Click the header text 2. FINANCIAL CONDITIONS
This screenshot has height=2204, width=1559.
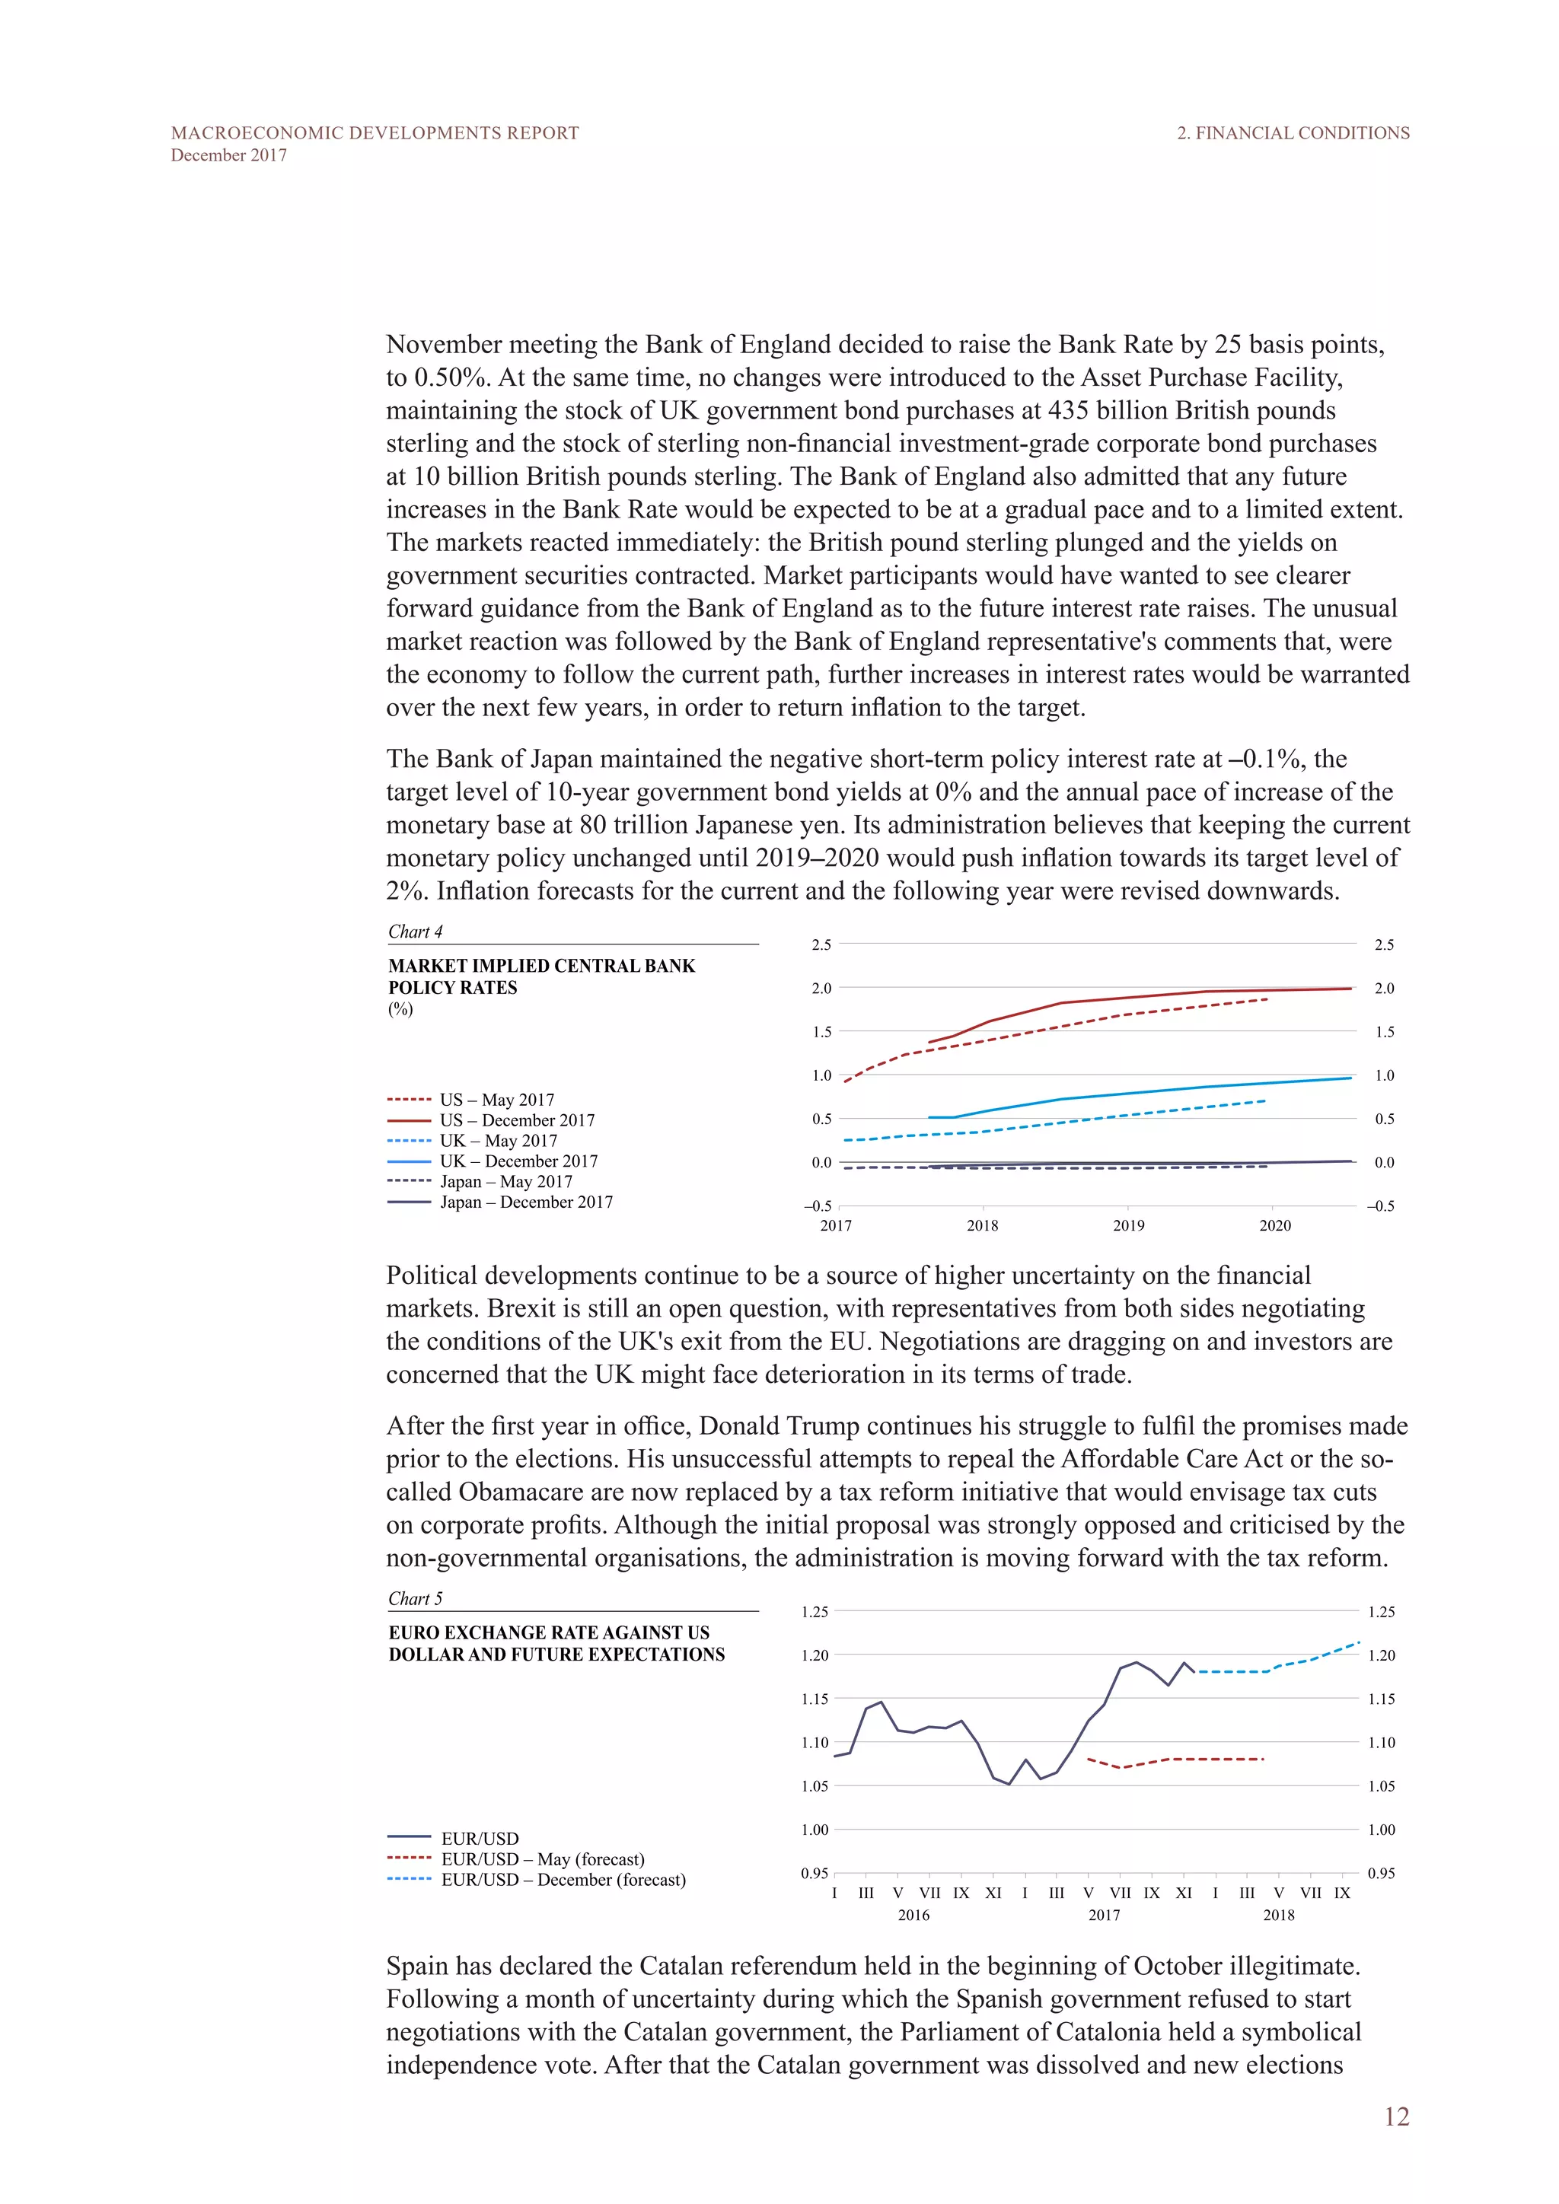click(1293, 132)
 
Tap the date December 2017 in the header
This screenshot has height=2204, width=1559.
click(228, 155)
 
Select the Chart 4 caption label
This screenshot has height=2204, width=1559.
click(415, 931)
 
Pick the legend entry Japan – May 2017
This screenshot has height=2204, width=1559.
click(506, 1182)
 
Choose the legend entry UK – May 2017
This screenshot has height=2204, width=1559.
click(499, 1140)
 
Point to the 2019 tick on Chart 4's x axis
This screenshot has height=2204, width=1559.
click(1128, 1226)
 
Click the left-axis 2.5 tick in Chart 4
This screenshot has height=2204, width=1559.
click(821, 944)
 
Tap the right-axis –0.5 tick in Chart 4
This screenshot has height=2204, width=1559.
click(1380, 1206)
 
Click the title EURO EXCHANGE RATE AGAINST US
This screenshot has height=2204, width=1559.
click(549, 1633)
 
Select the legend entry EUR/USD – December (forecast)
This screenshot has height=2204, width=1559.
click(563, 1880)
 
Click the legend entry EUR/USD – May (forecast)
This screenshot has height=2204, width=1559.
click(543, 1859)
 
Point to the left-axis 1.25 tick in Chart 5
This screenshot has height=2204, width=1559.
click(814, 1612)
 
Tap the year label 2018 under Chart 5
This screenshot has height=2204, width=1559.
click(1278, 1915)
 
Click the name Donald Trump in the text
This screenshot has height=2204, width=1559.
click(779, 1425)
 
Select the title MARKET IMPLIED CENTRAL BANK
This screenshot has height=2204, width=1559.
click(541, 966)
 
